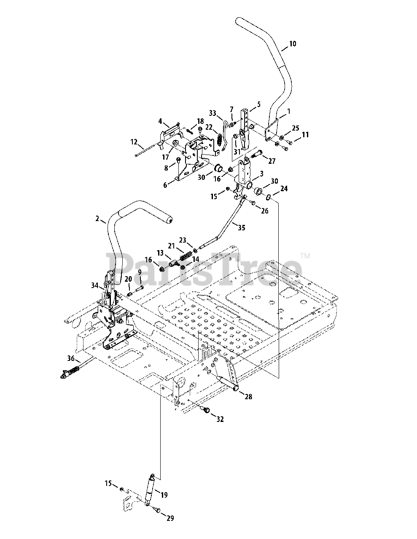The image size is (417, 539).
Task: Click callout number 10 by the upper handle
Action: point(292,43)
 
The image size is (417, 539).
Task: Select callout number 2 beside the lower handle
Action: point(97,218)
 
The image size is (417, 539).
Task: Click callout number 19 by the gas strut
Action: point(164,495)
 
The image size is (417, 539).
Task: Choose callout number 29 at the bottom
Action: point(169,518)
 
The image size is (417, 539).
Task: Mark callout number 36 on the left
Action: point(71,358)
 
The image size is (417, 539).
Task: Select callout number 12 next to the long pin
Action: point(134,142)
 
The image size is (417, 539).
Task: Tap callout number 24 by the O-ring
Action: point(284,189)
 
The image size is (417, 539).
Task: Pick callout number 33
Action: point(213,113)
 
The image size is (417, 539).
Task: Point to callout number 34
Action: point(94,286)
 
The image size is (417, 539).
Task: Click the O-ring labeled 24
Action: point(268,195)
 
